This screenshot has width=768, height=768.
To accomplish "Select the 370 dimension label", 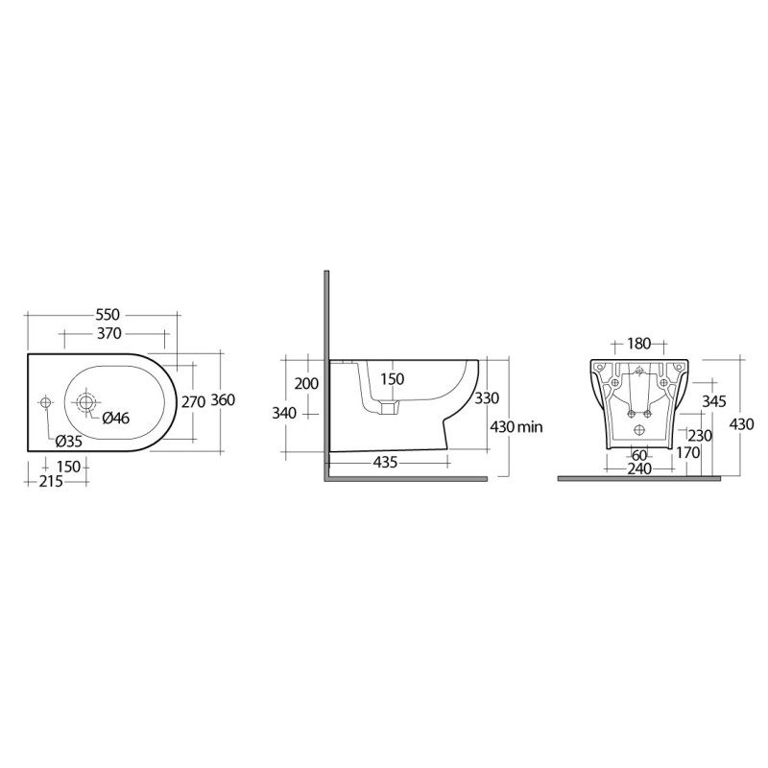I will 108,334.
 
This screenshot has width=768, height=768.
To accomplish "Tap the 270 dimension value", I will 193,402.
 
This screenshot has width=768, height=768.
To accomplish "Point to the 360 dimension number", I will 224,400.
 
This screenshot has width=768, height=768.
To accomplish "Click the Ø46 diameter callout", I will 115,418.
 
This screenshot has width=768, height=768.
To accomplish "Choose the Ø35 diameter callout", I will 68,441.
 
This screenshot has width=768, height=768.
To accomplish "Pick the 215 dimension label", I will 51,482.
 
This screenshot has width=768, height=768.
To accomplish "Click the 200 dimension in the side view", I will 306,383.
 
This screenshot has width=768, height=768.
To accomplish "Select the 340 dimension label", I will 285,413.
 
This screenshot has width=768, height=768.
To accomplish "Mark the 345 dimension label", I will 713,399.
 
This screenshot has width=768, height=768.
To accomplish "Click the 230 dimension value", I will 699,435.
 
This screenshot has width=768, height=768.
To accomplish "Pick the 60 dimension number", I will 637,454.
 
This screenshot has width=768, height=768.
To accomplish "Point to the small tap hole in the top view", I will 44,401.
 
